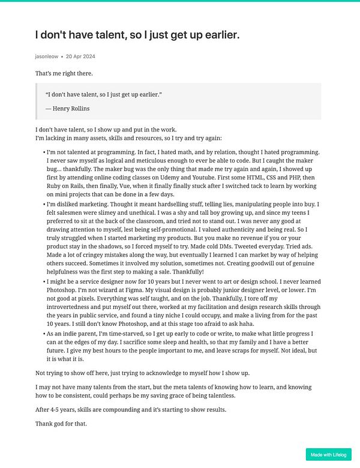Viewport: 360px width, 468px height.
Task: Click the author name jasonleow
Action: coord(46,56)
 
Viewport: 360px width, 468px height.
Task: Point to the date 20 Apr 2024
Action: coord(81,56)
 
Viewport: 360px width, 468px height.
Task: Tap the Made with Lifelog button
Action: coord(328,454)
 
